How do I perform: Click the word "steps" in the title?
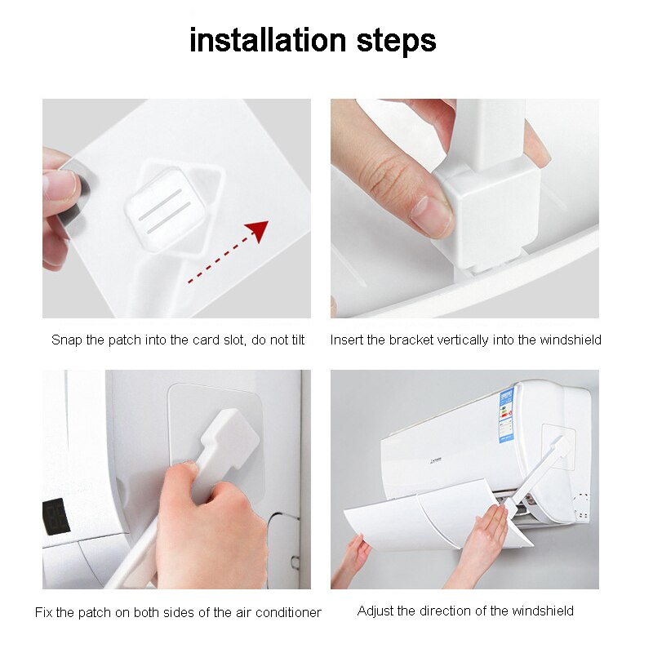[x=397, y=42]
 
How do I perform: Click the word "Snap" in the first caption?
[x=67, y=340]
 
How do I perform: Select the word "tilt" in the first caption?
[x=295, y=340]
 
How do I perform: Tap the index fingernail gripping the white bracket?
[x=430, y=215]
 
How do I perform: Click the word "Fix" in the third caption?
[x=44, y=612]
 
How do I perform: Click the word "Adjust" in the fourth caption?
[x=375, y=611]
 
